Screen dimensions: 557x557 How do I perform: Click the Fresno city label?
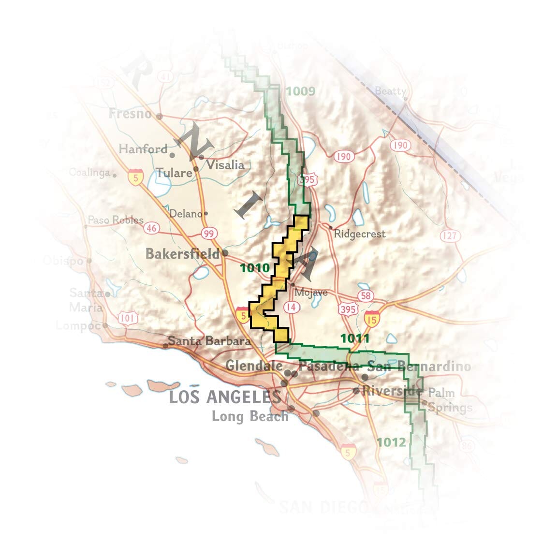[130, 114]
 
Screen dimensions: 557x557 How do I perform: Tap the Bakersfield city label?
[182, 254]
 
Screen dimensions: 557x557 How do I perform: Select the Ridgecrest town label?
[360, 234]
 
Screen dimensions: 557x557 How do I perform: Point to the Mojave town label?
[311, 292]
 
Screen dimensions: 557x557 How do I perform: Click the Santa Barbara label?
[209, 341]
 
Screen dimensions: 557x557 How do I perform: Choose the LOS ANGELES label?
[224, 397]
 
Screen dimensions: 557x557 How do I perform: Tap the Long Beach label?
[249, 416]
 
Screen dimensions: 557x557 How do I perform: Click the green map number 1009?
[300, 91]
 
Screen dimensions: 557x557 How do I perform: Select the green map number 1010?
[255, 268]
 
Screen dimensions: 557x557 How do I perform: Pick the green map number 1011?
[355, 338]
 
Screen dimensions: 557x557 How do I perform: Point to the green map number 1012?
[391, 442]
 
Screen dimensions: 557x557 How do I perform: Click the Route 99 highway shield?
[209, 234]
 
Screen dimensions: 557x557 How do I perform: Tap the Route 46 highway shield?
[152, 228]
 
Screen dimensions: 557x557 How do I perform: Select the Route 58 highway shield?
[366, 295]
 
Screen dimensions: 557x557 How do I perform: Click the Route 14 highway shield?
[291, 307]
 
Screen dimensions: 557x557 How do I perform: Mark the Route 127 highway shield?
[449, 235]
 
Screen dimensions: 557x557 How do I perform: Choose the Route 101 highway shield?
[128, 318]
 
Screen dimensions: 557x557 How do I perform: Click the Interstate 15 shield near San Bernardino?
[371, 319]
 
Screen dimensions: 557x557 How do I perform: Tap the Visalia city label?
[225, 165]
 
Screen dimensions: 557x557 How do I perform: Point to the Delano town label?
[186, 214]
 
